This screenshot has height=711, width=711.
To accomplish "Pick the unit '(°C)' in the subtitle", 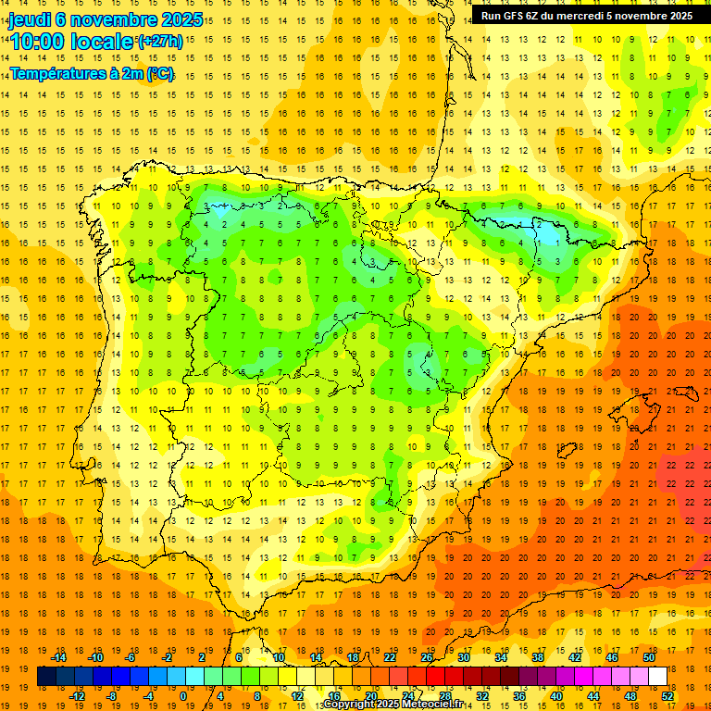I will tap(158, 73).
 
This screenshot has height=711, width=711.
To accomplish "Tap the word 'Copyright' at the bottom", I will tap(350, 705).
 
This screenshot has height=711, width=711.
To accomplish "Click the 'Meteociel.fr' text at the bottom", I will tap(433, 705).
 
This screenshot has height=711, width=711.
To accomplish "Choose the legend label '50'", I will tap(649, 657).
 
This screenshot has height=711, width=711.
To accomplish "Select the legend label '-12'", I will tap(77, 696).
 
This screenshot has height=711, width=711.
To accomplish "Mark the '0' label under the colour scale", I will tap(183, 696).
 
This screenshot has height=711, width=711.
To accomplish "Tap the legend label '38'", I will tap(538, 657).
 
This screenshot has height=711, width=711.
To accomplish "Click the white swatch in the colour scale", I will tap(657, 677).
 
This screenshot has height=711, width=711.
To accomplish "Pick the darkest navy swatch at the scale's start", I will tap(46, 677).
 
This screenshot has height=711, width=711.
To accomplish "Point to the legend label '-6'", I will tap(131, 657).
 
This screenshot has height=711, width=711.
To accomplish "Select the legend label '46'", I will tap(612, 657).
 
